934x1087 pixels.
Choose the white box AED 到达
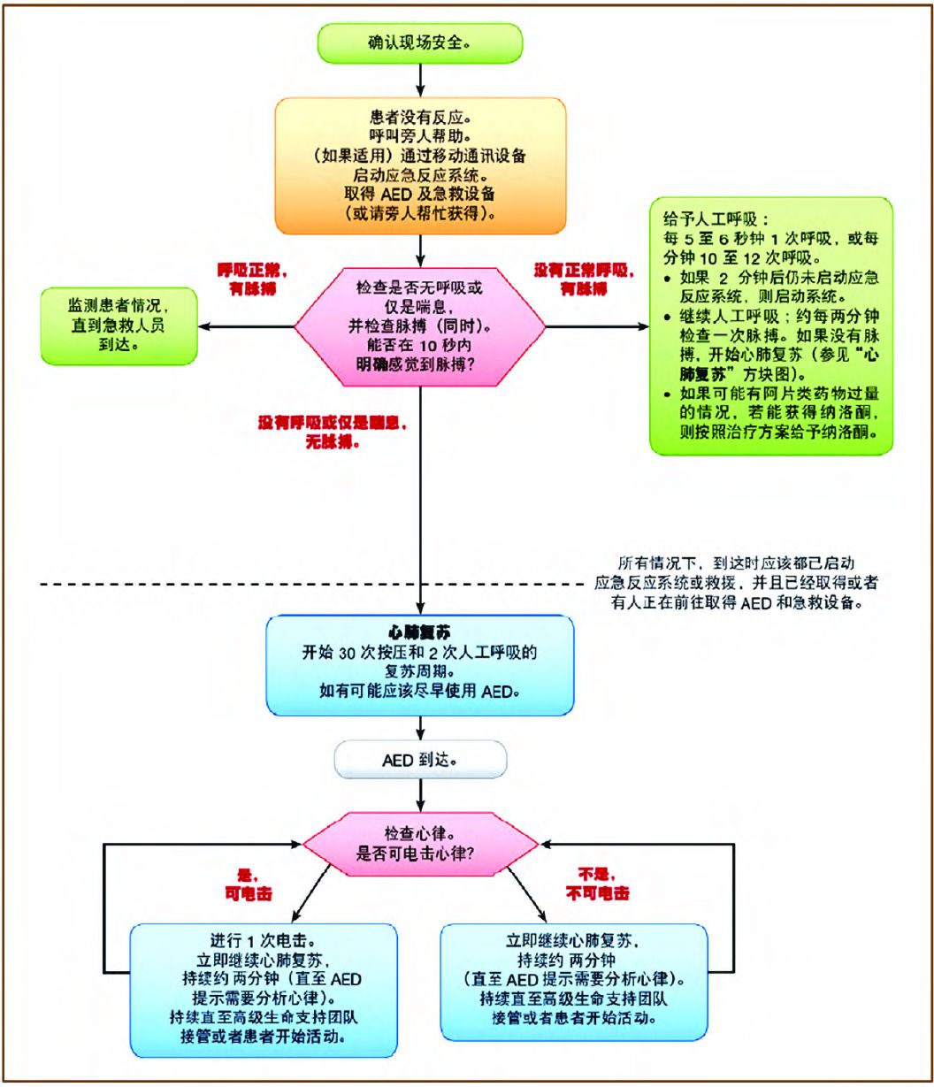pyautogui.click(x=420, y=759)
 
